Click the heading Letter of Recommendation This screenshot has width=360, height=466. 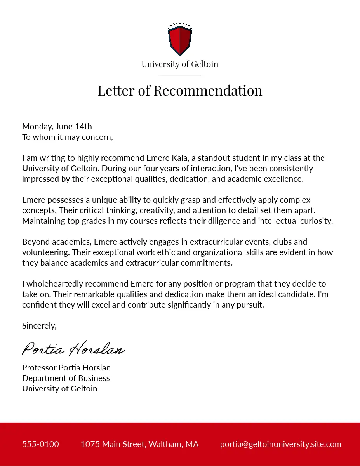click(x=180, y=90)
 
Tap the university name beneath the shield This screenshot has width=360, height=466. click(x=180, y=64)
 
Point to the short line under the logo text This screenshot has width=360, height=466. click(x=180, y=75)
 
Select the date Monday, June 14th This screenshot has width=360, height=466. click(x=57, y=127)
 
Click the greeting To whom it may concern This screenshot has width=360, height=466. click(x=68, y=137)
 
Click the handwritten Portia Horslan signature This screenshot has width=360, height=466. click(x=73, y=348)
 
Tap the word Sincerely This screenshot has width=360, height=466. click(x=39, y=326)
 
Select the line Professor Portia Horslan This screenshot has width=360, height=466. click(x=66, y=368)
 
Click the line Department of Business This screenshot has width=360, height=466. click(x=66, y=378)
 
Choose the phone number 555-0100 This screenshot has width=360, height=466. click(x=41, y=444)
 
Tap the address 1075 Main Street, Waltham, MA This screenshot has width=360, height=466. click(x=139, y=444)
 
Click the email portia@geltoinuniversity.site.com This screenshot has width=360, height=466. click(x=280, y=444)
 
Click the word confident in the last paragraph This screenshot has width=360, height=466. click(x=40, y=305)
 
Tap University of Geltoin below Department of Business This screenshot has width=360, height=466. click(x=60, y=389)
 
